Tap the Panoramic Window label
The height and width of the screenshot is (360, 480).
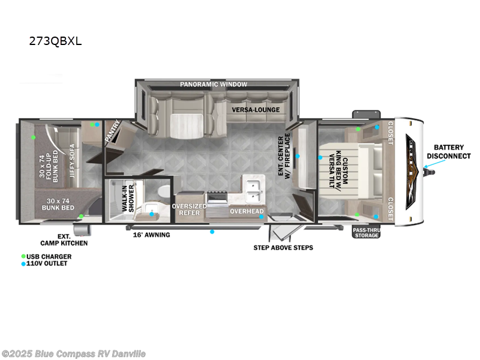(x=213, y=85)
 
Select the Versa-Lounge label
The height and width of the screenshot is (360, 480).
(x=256, y=110)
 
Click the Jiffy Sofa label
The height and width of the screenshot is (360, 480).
(x=73, y=158)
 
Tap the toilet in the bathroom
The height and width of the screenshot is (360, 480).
(x=162, y=191)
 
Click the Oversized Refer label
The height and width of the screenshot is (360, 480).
(x=190, y=209)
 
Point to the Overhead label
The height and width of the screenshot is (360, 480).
(x=247, y=211)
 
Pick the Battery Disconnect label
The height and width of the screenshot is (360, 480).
(x=449, y=151)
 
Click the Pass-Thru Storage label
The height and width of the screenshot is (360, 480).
(x=366, y=233)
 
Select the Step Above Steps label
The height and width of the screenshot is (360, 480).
(x=283, y=247)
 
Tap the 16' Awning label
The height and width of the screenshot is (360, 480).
(x=151, y=235)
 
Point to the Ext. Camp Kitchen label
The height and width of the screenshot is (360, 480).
(x=64, y=239)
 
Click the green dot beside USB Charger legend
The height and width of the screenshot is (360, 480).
(x=23, y=256)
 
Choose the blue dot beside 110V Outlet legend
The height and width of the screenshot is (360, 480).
(x=23, y=263)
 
